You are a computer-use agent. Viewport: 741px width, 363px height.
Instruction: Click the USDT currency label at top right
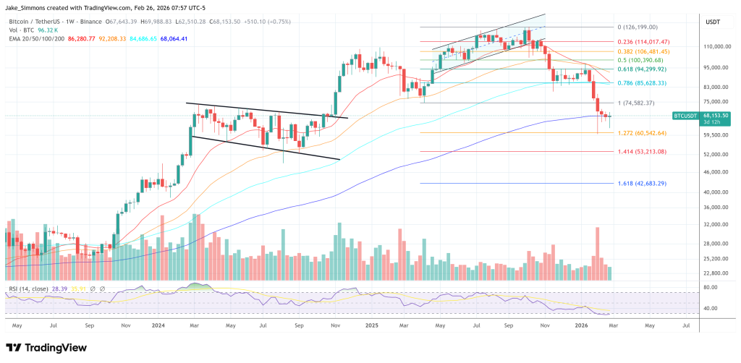(x=713, y=23)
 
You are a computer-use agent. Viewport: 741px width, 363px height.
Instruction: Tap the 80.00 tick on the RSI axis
(x=710, y=287)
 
